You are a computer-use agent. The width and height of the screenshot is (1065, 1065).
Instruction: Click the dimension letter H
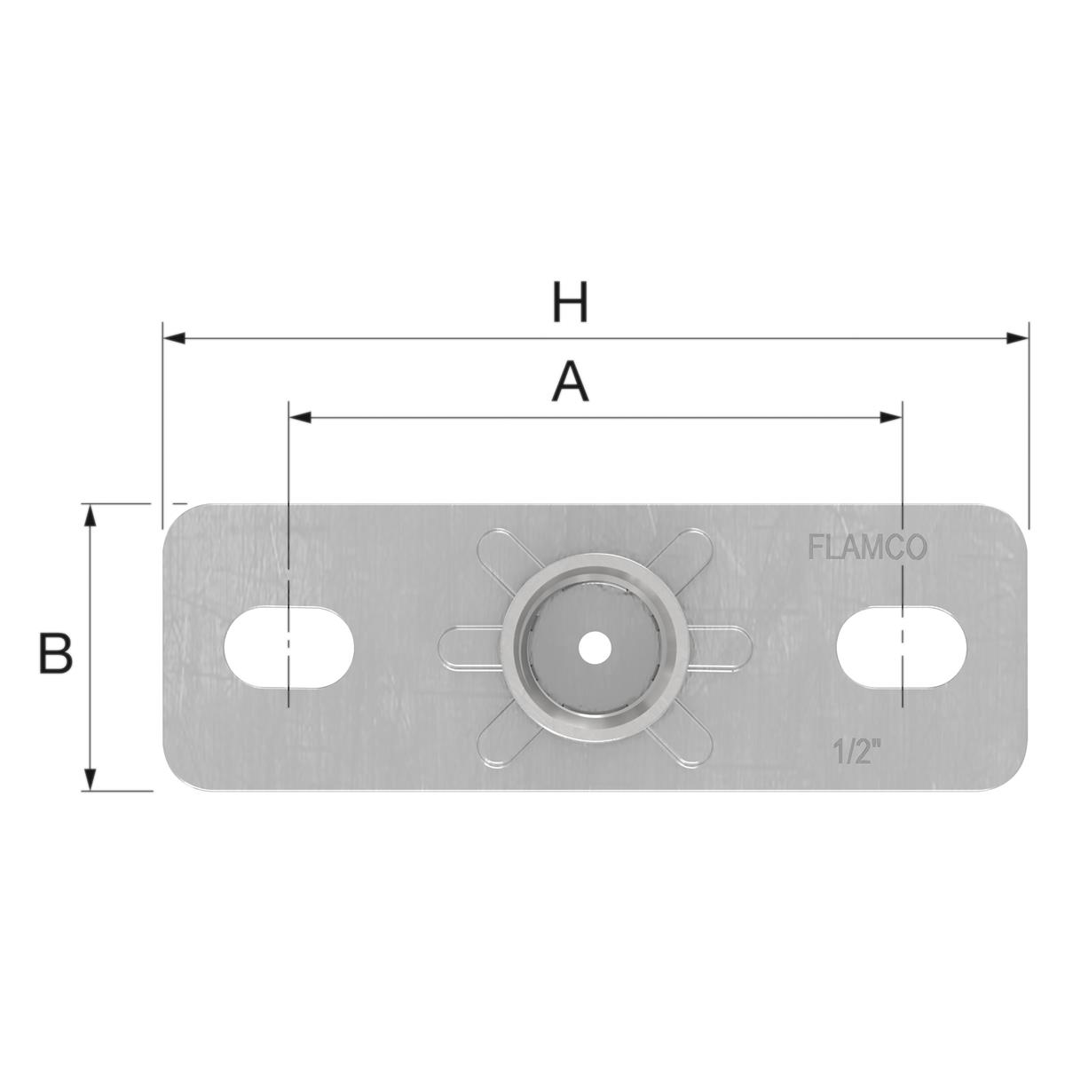(569, 304)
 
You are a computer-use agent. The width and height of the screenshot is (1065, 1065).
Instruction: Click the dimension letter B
(55, 654)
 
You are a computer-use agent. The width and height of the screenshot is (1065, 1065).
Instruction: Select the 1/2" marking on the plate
(856, 753)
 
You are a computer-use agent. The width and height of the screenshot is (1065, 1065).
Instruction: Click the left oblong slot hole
(289, 647)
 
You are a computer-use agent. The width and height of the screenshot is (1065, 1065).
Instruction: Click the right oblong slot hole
(901, 645)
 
